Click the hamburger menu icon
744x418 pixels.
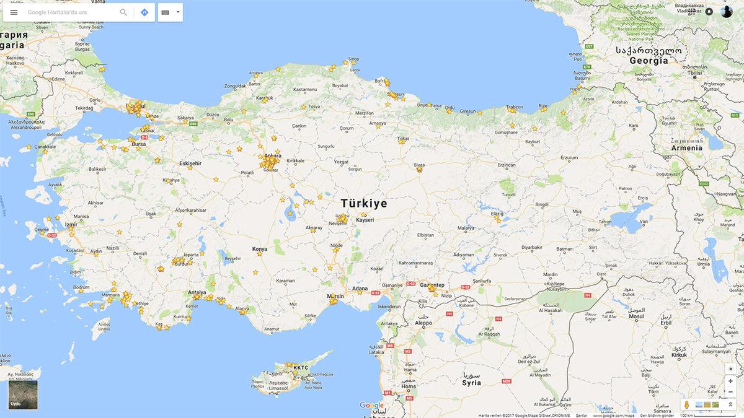(x=14, y=12)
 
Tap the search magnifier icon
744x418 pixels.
(x=123, y=12)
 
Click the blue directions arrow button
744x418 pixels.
(x=144, y=12)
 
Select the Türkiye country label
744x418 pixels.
(x=364, y=204)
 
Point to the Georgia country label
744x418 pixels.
(x=649, y=61)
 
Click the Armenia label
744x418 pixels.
(x=687, y=148)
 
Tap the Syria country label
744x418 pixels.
(x=471, y=383)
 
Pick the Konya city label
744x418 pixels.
(x=260, y=249)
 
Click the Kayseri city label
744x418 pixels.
(x=365, y=220)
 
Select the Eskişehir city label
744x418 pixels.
(x=190, y=163)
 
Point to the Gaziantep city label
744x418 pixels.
(x=432, y=285)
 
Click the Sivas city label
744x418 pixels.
(x=420, y=165)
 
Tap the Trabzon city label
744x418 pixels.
(x=515, y=107)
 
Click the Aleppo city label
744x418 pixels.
(x=423, y=323)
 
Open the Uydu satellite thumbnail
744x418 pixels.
(x=23, y=394)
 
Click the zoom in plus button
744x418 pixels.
(x=730, y=381)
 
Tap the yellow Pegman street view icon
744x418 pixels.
(x=686, y=405)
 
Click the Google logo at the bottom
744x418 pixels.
(x=371, y=406)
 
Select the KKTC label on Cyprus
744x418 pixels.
(x=301, y=368)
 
